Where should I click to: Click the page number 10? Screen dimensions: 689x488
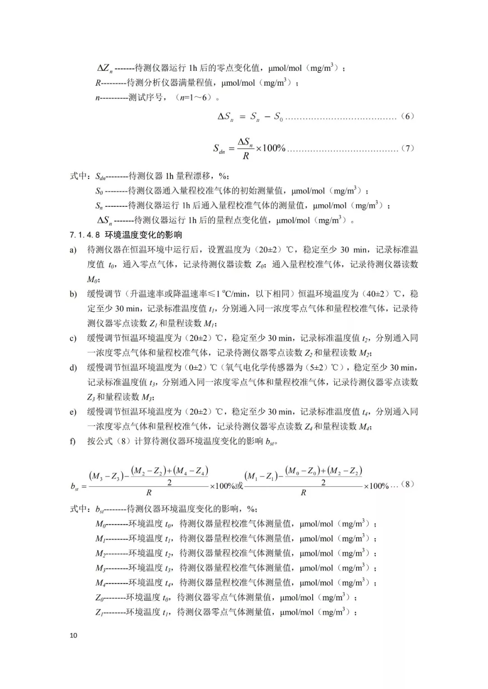(x=74, y=635)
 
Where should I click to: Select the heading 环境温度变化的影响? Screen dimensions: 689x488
(x=143, y=235)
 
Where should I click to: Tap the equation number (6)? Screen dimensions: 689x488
(x=407, y=116)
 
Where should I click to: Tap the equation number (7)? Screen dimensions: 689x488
(x=407, y=148)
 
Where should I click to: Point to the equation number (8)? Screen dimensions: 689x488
(x=407, y=484)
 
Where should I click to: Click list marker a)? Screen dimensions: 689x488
(x=73, y=250)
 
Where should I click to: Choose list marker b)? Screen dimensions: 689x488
(x=73, y=294)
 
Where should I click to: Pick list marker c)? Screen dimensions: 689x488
(x=73, y=338)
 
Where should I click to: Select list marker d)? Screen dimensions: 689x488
(x=73, y=368)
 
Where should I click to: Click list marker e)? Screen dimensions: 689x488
(x=73, y=412)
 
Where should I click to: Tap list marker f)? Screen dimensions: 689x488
(x=73, y=441)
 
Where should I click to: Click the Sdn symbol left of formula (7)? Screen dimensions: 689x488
(x=219, y=148)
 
